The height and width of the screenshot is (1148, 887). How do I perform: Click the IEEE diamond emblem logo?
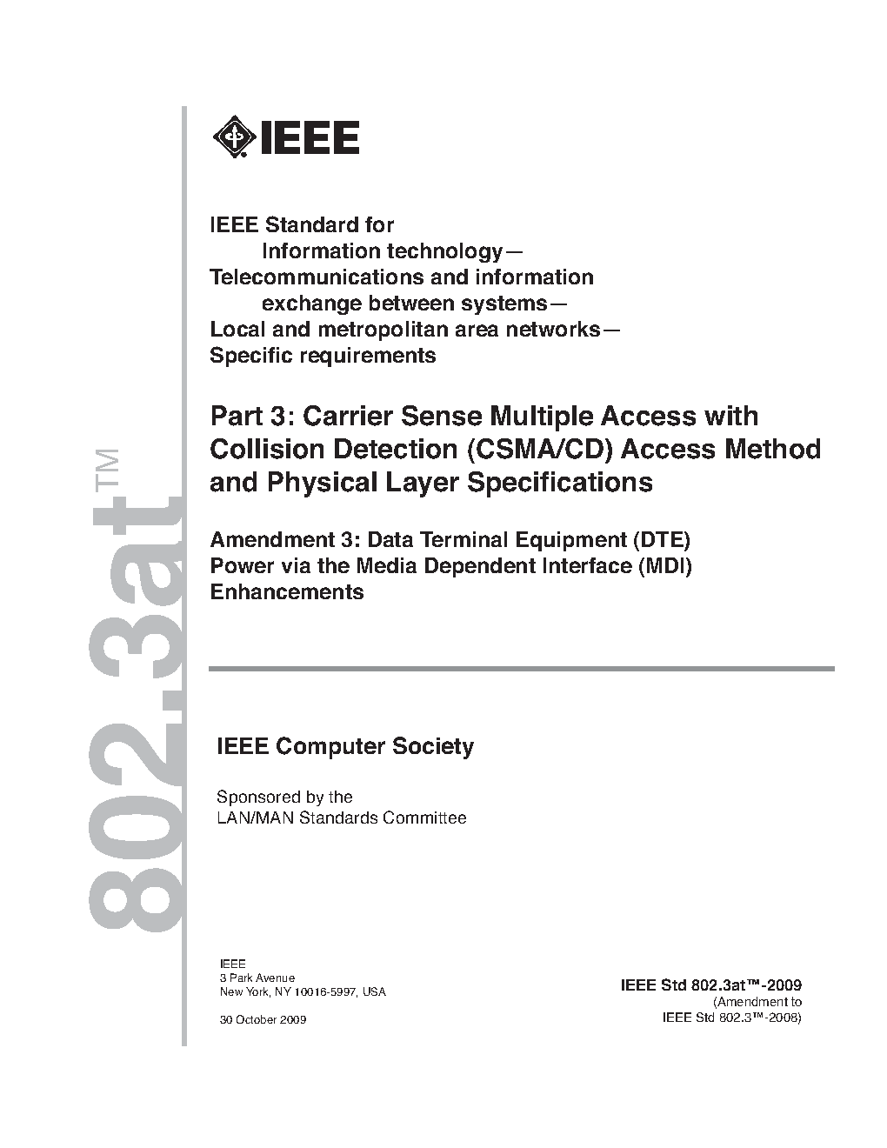tap(232, 137)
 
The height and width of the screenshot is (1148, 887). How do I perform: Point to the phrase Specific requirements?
tap(323, 356)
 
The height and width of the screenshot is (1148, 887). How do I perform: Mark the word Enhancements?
tap(287, 592)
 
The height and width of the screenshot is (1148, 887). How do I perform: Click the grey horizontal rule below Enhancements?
tap(521, 668)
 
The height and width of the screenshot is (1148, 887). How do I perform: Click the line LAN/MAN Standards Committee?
tap(341, 818)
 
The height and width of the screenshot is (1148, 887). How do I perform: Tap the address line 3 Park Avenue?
tap(257, 978)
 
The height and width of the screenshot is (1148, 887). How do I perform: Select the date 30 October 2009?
tap(263, 1019)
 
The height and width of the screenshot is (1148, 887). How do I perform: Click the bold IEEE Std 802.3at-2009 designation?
tap(710, 985)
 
